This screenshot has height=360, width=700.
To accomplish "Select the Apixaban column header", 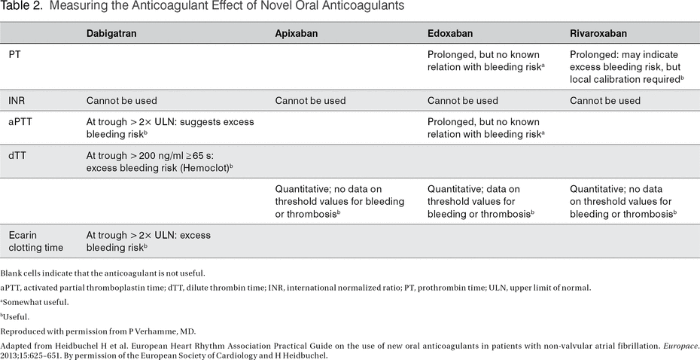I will pos(299,34).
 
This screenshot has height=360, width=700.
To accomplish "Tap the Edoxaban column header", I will pos(451,34).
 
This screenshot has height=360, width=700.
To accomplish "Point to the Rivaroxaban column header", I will pos(599,34).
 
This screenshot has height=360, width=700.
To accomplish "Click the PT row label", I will pos(15,55).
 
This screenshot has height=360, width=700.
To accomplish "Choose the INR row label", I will pos(17,100).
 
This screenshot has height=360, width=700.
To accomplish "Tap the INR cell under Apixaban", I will pos(310,100).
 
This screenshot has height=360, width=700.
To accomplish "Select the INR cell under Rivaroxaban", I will pos(605,100).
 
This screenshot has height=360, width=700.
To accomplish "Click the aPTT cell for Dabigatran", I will pos(170,128).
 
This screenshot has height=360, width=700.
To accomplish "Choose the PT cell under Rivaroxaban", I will pos(626,67).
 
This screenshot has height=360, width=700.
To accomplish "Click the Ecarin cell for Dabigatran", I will pos(148,241).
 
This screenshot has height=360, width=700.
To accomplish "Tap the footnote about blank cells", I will pos(103,273).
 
